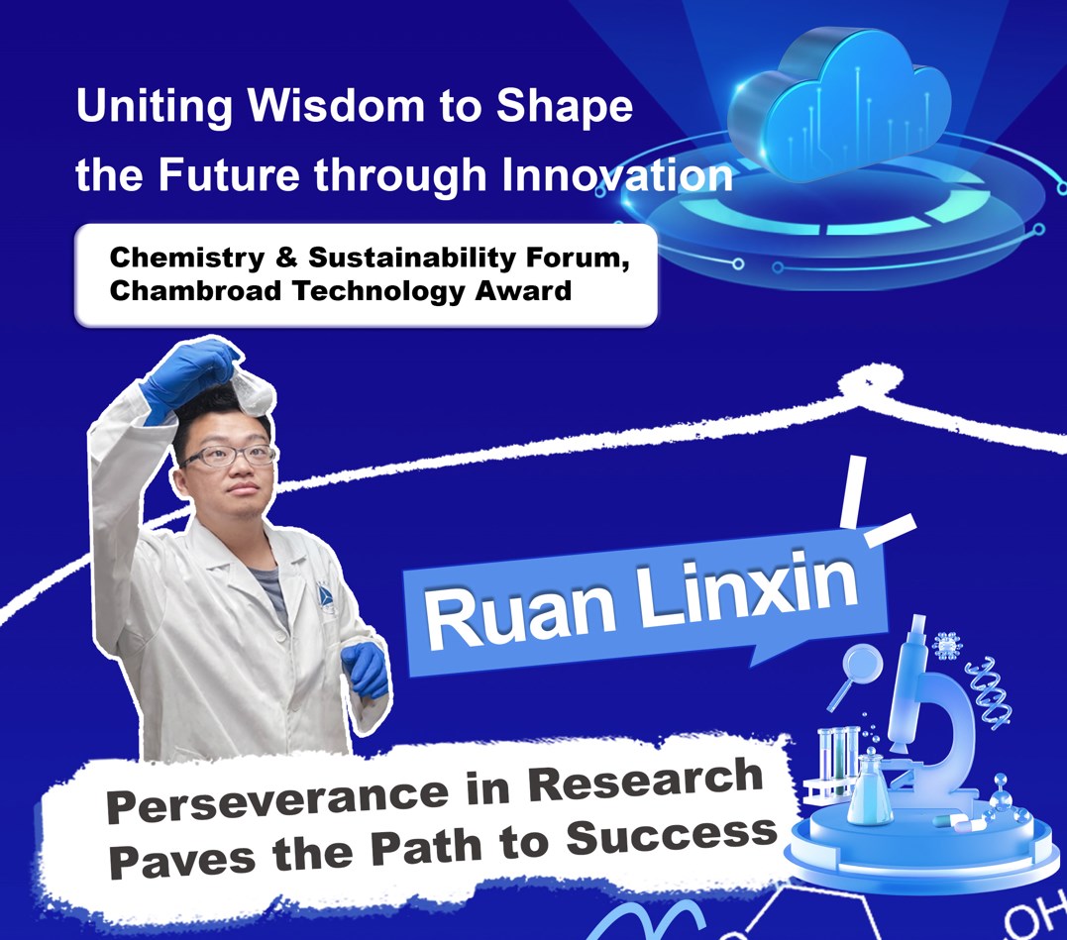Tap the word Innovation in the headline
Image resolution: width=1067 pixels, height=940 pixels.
click(x=617, y=174)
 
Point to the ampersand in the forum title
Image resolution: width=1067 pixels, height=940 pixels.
click(x=286, y=258)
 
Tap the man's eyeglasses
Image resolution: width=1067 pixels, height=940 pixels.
click(x=229, y=455)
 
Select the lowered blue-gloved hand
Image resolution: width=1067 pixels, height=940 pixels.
click(x=367, y=670)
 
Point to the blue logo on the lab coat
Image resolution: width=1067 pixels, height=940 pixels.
click(x=326, y=596)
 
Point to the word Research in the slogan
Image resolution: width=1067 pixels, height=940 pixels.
click(x=645, y=780)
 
